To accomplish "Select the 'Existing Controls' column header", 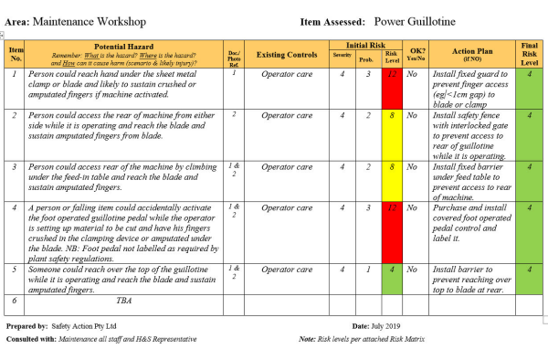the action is [x=287, y=54].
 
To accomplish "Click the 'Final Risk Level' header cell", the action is [x=530, y=54].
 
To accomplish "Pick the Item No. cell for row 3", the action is [x=14, y=167].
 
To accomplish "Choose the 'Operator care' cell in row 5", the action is [x=287, y=270].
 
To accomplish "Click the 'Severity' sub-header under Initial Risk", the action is [x=342, y=57].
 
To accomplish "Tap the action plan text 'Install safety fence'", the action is [x=468, y=116].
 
